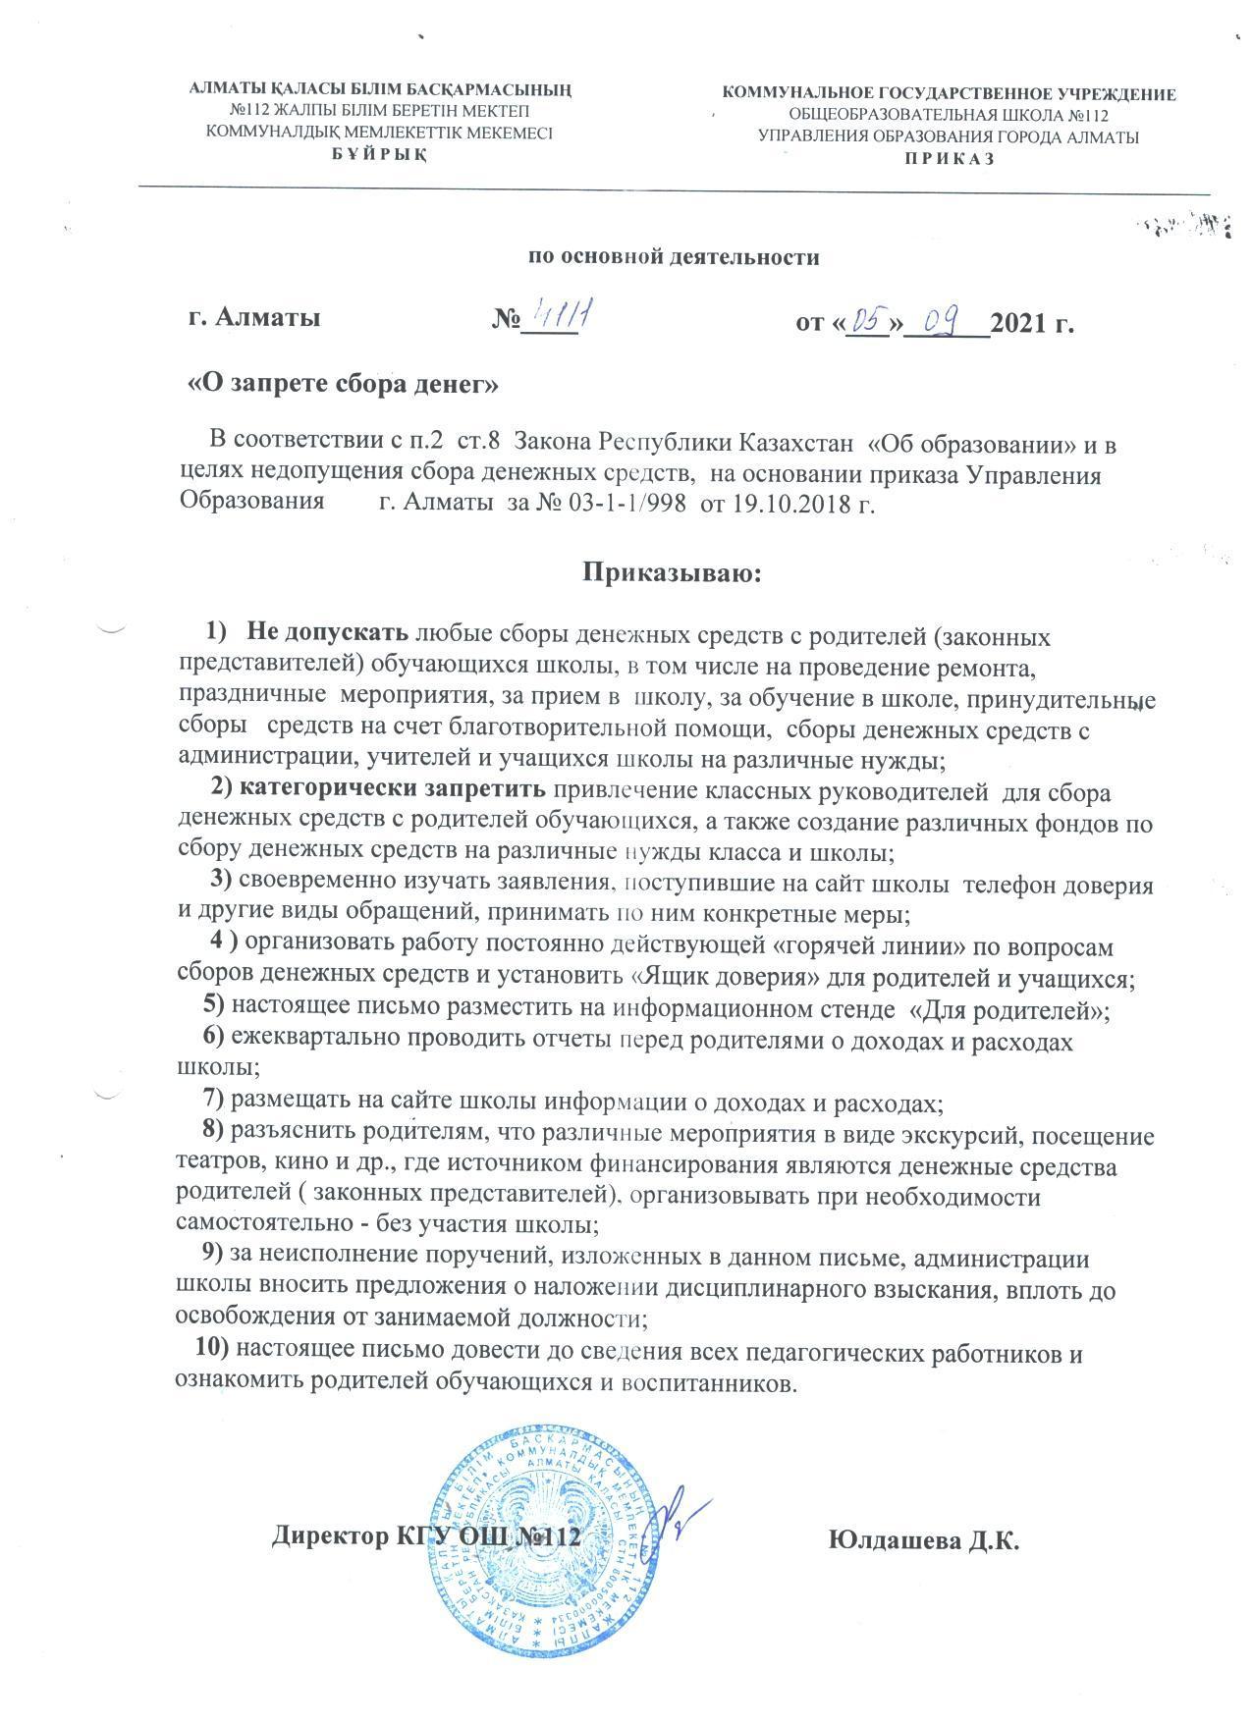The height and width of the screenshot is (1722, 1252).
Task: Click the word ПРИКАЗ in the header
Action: pos(949,159)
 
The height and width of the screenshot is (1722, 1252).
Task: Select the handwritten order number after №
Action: pos(563,313)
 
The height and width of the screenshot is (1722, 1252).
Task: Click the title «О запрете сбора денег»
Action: pos(344,383)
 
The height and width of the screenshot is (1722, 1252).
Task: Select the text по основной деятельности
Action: pos(674,257)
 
